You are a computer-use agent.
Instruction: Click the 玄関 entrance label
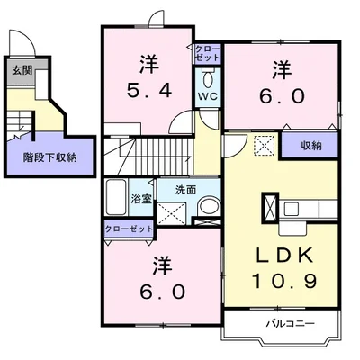point(22,71)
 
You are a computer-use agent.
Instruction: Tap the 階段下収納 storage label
point(49,157)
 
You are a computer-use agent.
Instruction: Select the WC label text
point(207,96)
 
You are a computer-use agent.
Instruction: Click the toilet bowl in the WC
point(207,78)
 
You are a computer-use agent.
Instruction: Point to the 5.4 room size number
point(149,90)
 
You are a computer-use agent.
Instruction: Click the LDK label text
point(284,256)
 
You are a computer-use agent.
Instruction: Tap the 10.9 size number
point(284,281)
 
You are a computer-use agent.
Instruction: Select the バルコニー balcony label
point(291,323)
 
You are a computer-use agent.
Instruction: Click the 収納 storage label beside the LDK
point(311,146)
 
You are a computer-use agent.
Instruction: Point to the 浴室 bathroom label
point(141,200)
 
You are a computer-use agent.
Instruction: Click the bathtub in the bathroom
point(116,197)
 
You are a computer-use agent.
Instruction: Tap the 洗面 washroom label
point(185,190)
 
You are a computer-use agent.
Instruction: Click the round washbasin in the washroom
point(209,207)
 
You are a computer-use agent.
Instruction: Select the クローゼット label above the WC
point(208,52)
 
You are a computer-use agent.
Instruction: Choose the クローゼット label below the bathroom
point(129,229)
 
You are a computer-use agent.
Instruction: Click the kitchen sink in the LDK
point(291,209)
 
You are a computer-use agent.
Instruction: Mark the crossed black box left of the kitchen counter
point(270,208)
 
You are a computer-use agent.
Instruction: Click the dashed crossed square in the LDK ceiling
point(265,146)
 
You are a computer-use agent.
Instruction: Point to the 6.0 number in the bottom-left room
point(162,292)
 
